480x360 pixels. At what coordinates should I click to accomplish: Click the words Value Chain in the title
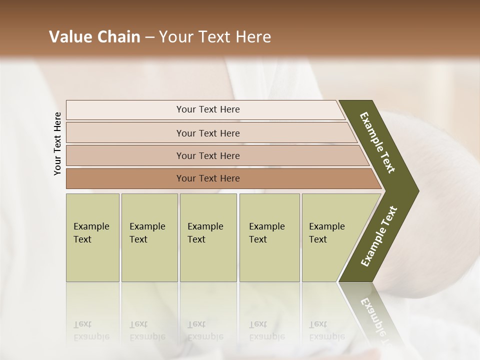pos(94,37)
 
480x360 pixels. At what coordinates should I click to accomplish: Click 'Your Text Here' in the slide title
pos(215,37)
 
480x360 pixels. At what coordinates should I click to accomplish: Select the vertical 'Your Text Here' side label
pos(57,143)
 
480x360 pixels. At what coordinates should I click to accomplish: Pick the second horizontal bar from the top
pos(125,133)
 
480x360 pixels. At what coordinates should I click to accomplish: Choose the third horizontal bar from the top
pos(125,155)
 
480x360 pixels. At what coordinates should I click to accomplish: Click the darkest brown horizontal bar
pos(125,178)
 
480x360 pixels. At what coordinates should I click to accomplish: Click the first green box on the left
pos(92,237)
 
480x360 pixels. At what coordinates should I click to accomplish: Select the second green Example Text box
pos(149,237)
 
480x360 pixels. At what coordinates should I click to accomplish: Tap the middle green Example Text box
pos(208,237)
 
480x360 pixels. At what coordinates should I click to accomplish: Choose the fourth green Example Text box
pos(269,237)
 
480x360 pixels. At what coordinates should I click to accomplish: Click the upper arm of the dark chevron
pos(378,142)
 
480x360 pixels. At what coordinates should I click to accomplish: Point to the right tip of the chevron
pos(416,190)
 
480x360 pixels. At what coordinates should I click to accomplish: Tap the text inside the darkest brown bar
pos(208,178)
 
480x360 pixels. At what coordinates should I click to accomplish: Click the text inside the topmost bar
pos(208,109)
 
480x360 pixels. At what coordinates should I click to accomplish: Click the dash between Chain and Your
pos(149,37)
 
